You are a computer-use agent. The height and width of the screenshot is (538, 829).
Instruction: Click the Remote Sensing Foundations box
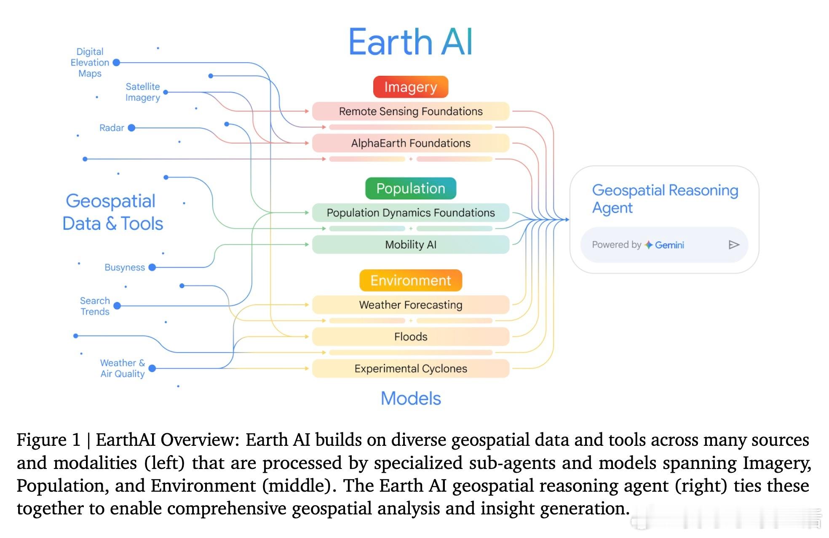click(x=411, y=111)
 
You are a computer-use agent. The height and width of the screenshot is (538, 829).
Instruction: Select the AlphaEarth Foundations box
click(x=411, y=143)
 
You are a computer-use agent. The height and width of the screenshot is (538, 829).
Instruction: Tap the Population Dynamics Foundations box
click(x=411, y=213)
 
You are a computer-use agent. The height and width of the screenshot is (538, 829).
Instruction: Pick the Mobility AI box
click(x=411, y=245)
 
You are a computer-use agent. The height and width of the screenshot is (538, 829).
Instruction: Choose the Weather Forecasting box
click(x=411, y=305)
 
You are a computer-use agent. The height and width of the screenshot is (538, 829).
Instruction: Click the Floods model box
click(x=411, y=337)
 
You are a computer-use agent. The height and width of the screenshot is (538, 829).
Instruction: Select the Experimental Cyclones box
click(x=411, y=369)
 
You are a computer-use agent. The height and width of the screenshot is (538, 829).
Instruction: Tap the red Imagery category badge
click(x=411, y=87)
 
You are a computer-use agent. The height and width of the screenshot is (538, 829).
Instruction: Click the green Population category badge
click(x=411, y=188)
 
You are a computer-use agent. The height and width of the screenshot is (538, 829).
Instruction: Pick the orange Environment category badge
click(x=411, y=280)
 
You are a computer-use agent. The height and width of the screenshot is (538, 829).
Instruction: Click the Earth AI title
click(x=411, y=42)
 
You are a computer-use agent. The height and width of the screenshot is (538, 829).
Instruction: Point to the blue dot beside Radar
click(x=131, y=128)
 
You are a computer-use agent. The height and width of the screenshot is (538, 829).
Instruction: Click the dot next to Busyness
click(x=152, y=267)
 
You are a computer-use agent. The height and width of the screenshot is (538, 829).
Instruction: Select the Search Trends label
click(x=95, y=306)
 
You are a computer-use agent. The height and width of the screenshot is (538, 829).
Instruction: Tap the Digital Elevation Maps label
click(x=90, y=62)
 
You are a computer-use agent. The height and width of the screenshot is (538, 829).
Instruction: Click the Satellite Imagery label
click(x=143, y=92)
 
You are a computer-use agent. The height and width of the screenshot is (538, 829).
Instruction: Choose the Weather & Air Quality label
click(x=123, y=368)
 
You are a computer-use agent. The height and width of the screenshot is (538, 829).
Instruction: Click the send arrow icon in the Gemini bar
click(x=734, y=245)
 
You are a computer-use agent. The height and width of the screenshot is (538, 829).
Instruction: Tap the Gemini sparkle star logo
click(x=649, y=245)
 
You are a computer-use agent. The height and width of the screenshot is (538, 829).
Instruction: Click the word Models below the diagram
click(x=411, y=398)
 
